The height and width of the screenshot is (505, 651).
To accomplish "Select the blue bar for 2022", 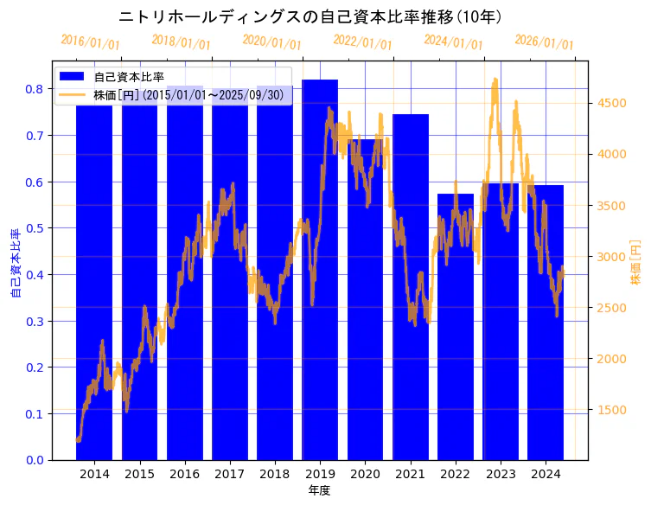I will point(456,329).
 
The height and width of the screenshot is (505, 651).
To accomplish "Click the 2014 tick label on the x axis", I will point(94,474).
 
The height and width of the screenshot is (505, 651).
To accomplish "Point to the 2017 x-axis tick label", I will point(230,474).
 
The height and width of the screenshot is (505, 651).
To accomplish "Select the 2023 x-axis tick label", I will point(501,474).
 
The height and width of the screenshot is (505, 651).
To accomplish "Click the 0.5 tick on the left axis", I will point(35,228).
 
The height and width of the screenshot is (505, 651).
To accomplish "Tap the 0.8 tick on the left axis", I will point(35,89).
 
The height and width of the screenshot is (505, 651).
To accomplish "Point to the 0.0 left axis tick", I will point(35,460).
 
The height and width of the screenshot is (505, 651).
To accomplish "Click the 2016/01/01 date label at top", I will point(90,42).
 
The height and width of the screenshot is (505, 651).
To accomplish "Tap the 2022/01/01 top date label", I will point(362,42).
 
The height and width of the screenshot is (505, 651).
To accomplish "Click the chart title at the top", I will point(311,16).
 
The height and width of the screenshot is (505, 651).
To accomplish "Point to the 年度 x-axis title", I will point(320,490).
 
